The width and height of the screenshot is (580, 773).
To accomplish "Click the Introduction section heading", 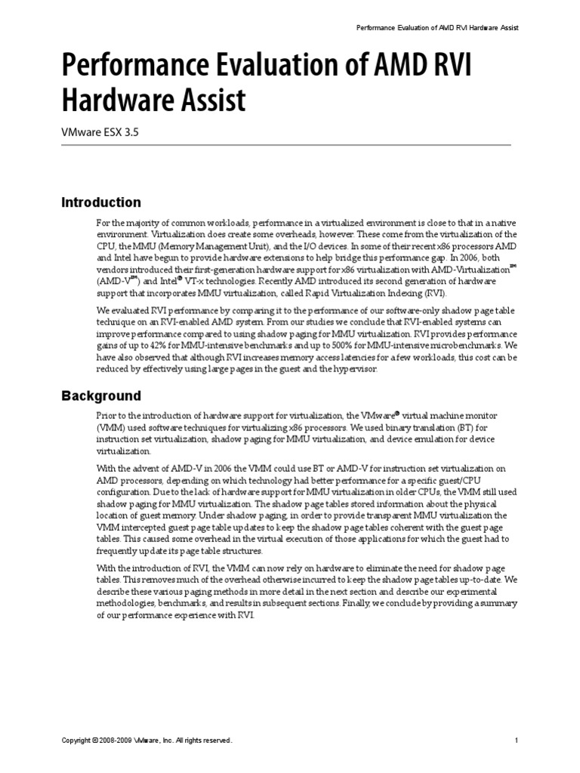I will (100, 202).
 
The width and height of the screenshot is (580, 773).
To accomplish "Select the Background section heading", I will (100, 396).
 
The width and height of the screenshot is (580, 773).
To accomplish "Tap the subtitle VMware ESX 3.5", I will (100, 131).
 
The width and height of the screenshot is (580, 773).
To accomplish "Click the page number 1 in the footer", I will (516, 741).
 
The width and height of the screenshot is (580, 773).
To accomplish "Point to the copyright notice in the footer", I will (147, 741).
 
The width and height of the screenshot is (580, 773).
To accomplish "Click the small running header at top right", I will (437, 28).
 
